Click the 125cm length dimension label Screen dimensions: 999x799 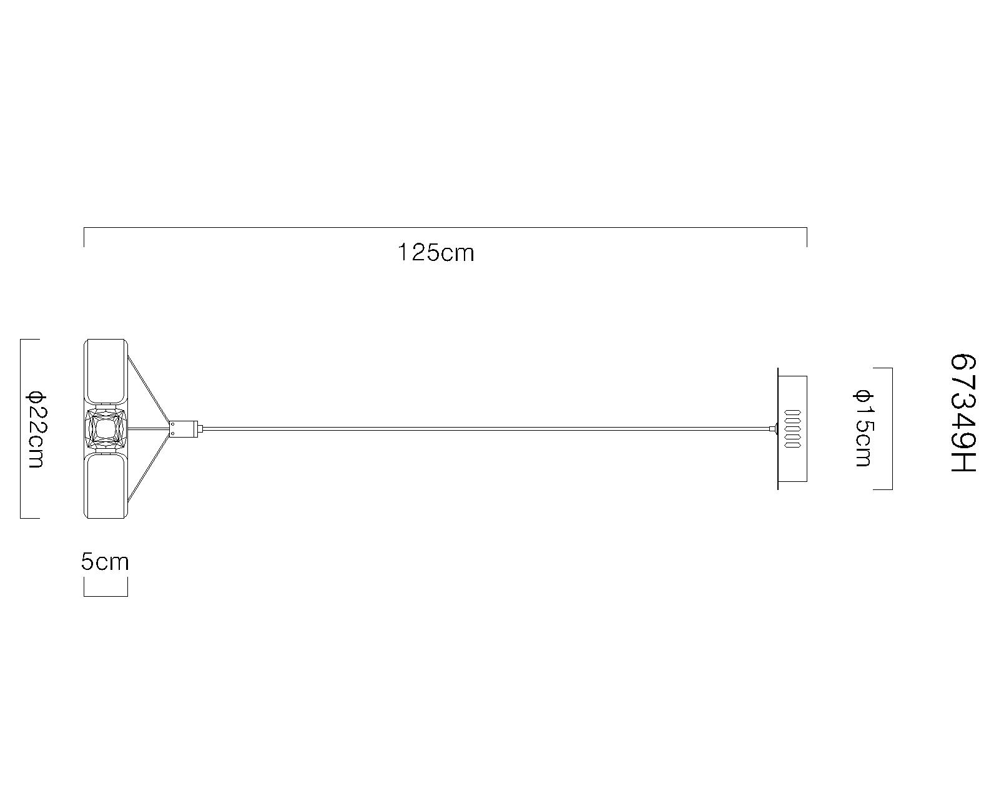436,253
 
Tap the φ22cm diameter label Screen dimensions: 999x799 37,430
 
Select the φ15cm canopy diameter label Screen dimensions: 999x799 863,428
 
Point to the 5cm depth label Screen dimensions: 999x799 105,562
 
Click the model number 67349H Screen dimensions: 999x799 963,413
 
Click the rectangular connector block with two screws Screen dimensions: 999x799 184,428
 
